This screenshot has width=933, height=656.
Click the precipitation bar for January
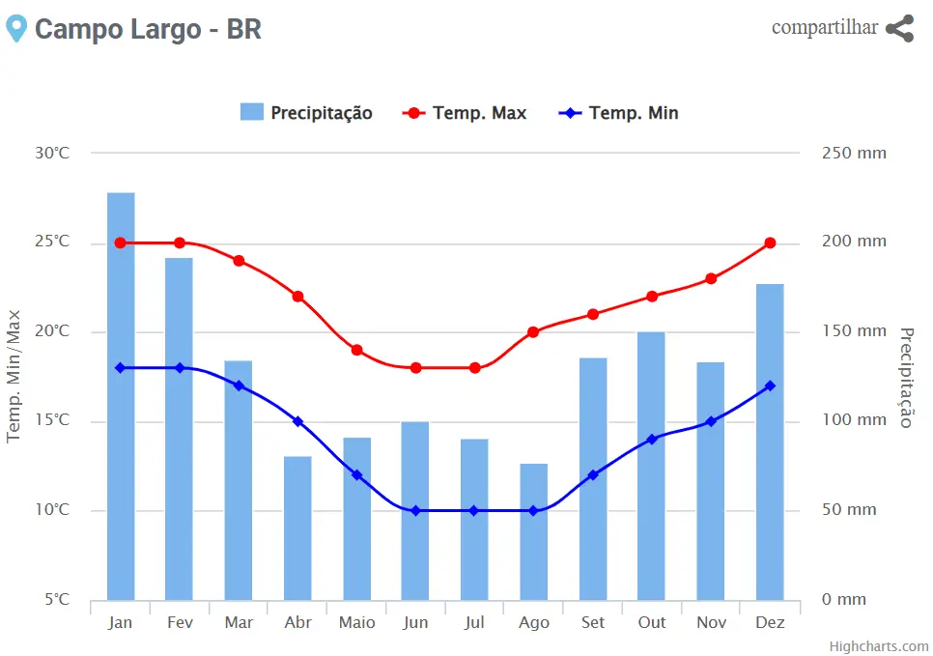pos(121,396)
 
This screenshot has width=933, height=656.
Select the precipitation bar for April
pos(297,528)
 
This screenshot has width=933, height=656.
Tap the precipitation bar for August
pos(533,531)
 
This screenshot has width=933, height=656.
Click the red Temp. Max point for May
pos(356,350)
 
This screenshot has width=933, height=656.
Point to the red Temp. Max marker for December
pos(770,242)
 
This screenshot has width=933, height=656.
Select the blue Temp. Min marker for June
pos(415,510)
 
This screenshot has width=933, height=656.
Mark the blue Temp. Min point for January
pos(121,367)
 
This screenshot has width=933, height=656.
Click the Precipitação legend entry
pos(306,113)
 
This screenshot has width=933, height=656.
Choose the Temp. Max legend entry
pos(466,113)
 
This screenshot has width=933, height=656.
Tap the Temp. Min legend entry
pos(619,113)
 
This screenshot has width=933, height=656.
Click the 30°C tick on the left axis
pos(52,153)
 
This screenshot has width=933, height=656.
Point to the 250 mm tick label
pos(854,153)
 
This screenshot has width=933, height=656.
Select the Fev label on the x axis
pos(180,622)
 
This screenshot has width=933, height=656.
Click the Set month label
pos(592,622)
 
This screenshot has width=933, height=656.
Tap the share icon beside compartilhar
pos(899,28)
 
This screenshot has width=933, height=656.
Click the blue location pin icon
pos(15,28)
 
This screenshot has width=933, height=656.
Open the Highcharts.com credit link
pos(879,646)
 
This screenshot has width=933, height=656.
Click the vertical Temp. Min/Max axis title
pos(14,375)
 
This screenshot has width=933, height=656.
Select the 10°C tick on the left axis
pos(52,509)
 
